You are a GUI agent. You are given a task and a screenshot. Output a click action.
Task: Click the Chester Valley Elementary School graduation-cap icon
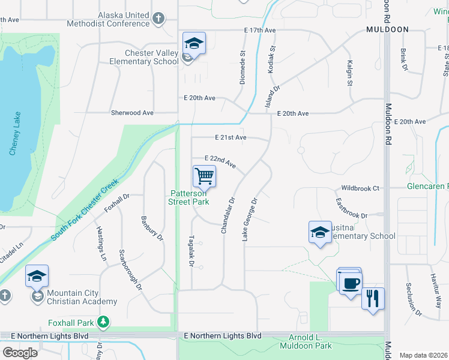pos(194,43)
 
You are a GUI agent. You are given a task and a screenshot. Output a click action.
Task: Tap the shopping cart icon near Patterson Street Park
pos(204,176)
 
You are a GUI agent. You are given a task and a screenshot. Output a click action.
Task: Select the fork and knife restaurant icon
pos(373,298)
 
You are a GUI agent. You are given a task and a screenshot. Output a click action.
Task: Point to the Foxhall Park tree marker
pos(104,322)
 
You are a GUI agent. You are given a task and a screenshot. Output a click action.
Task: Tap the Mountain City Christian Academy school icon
pos(37,277)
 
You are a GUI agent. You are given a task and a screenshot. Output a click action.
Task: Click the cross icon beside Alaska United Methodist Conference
pos(158,19)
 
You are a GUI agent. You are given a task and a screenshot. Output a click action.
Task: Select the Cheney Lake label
pos(15,133)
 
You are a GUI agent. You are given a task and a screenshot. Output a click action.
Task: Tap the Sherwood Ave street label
pos(132,113)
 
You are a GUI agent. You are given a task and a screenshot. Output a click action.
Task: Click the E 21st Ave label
pos(231,137)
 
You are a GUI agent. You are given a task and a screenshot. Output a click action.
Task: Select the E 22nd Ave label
pos(220,161)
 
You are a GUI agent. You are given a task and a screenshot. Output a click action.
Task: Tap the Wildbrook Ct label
pos(360,188)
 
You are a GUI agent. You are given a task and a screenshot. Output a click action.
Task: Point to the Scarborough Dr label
pos(130,269)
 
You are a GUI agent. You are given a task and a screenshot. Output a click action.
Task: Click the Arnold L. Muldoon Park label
pos(306,341)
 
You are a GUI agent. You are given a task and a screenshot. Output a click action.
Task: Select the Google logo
pos(20,353)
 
